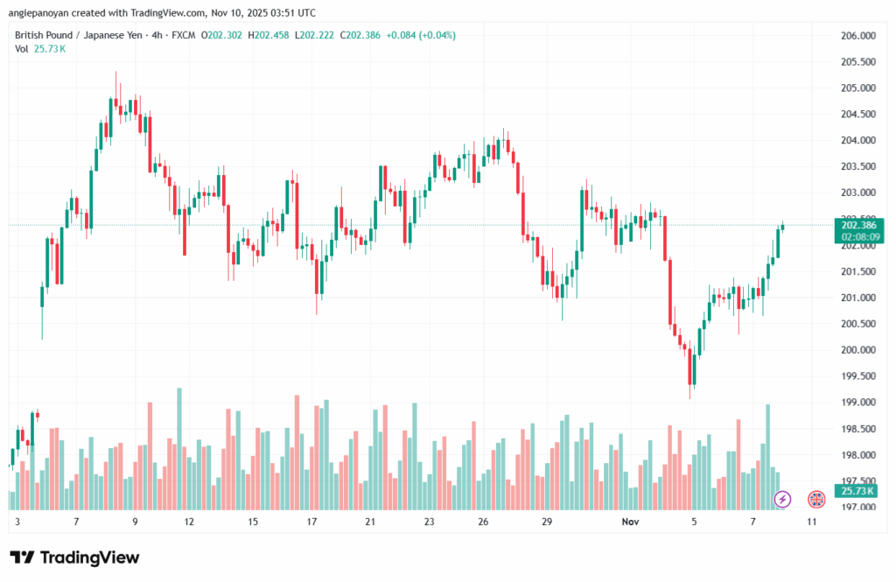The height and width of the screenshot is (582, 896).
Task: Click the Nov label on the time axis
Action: [x=631, y=522]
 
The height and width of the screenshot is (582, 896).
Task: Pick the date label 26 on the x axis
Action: [x=483, y=522]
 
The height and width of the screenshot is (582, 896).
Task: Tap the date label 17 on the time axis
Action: [x=311, y=522]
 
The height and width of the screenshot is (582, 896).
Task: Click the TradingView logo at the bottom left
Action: [x=74, y=557]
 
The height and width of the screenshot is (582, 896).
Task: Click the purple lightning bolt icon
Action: [x=783, y=499]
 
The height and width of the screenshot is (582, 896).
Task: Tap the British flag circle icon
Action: [x=815, y=499]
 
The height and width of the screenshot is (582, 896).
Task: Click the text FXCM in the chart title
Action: [x=183, y=35]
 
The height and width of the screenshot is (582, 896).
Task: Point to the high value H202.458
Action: [x=269, y=35]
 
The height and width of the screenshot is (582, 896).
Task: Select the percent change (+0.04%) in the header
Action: [x=437, y=35]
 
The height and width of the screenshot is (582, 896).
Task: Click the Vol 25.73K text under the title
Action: [x=40, y=49]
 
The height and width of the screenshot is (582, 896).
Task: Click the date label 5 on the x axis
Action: [x=694, y=522]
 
